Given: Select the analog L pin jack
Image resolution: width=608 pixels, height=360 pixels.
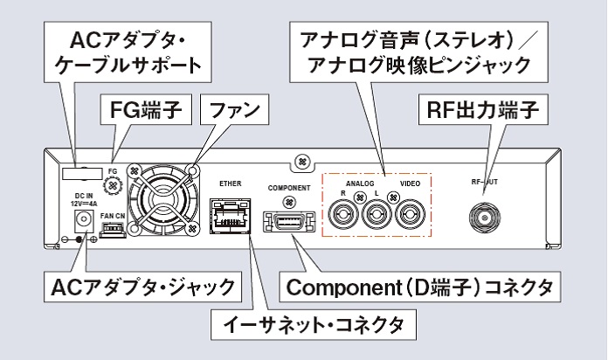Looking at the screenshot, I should tap(377, 212).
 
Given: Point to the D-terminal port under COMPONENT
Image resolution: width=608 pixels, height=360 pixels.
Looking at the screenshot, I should tap(287, 218).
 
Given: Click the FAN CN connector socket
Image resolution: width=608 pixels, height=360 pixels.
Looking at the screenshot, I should tap(114, 230).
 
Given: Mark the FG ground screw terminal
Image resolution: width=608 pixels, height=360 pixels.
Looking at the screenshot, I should tap(110, 186).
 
